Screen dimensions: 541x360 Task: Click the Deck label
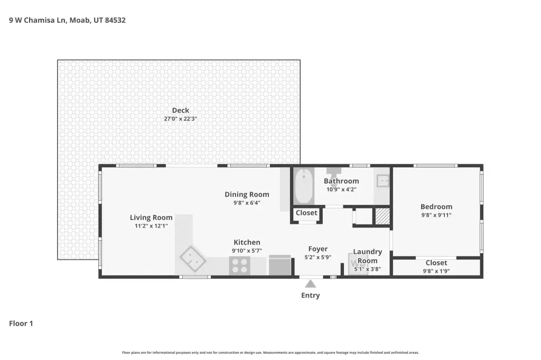pos(181,110)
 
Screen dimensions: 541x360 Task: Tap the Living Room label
pos(151,217)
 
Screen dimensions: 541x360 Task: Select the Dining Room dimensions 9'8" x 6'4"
pos(247,203)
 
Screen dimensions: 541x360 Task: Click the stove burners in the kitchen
pos(239,266)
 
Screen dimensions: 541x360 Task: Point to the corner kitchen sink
pos(193,259)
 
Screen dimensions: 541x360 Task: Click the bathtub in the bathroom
pos(304,186)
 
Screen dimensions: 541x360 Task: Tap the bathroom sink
pos(383,181)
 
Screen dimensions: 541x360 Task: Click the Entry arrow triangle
pos(311,284)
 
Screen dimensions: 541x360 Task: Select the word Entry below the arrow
pos(311,296)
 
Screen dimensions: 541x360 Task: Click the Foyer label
pos(318,249)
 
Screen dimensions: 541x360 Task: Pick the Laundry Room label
pos(368,256)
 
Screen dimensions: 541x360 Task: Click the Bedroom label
pos(436,207)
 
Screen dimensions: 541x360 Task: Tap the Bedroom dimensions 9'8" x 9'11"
pos(436,215)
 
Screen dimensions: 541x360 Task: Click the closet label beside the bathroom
pos(306,213)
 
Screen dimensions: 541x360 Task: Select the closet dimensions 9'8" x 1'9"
pos(436,271)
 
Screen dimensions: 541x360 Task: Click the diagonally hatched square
pos(383,216)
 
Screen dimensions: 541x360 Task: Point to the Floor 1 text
pos(21,324)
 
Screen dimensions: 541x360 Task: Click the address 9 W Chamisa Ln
pos(38,20)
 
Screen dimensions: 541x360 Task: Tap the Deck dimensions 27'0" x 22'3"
pos(181,119)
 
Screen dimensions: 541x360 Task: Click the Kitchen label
pos(247,242)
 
